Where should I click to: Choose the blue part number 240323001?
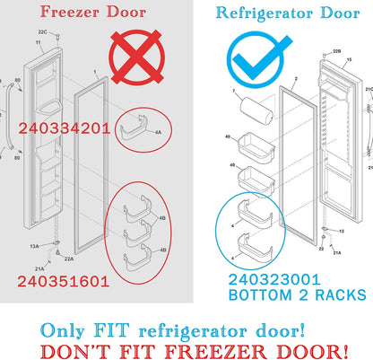[274, 279]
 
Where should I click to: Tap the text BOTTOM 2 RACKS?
[282, 294]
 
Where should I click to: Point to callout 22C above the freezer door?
[53, 33]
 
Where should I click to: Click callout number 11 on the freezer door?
[37, 43]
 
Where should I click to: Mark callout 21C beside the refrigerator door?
[369, 90]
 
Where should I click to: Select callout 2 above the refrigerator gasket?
[293, 78]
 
